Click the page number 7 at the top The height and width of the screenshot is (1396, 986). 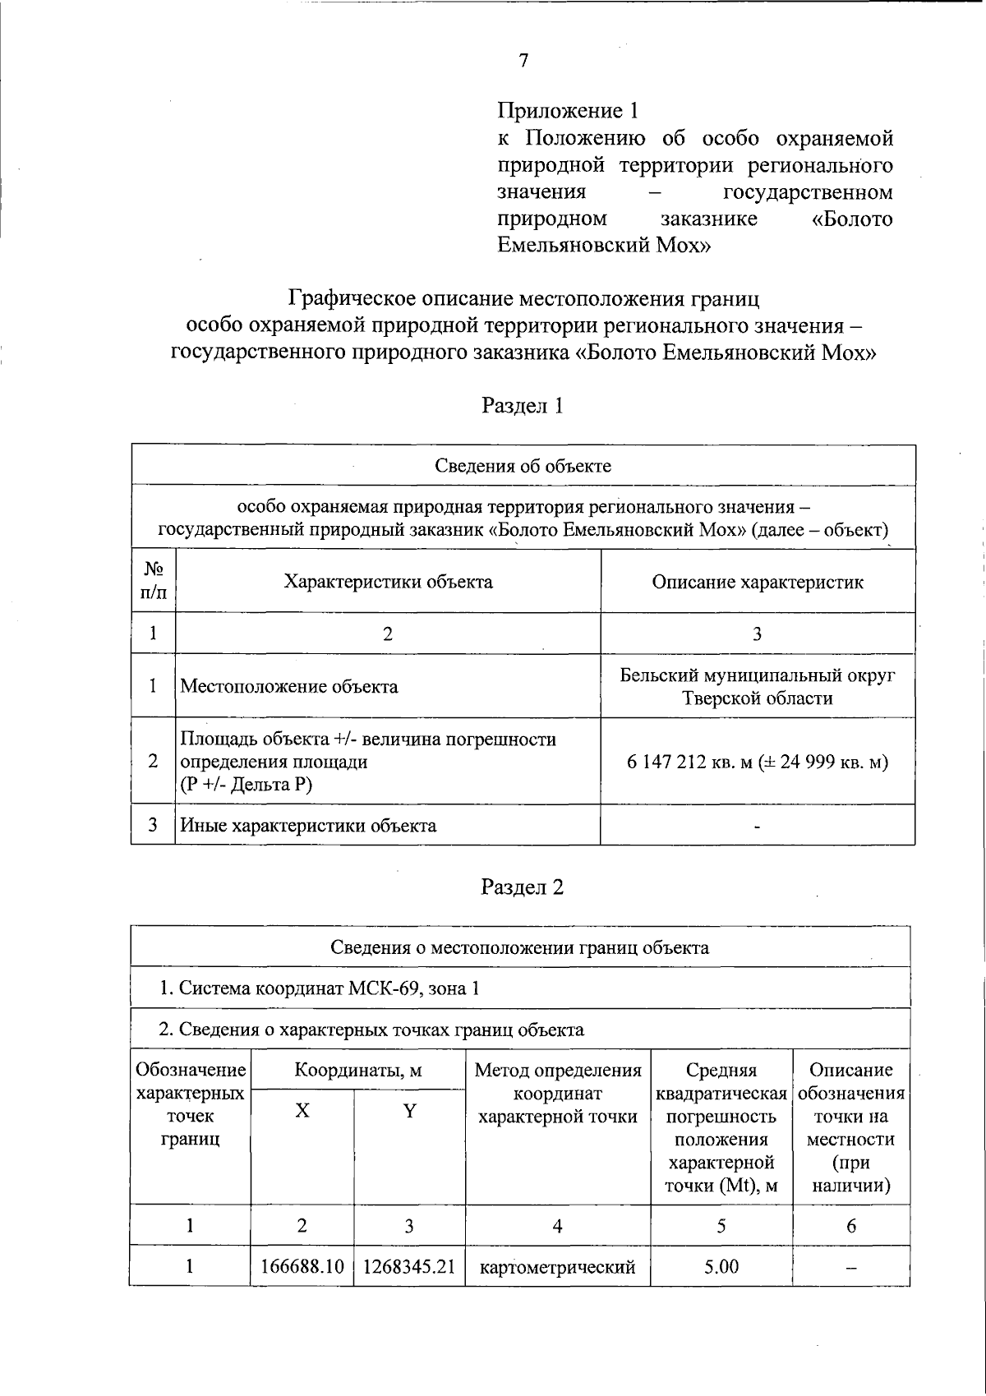(523, 61)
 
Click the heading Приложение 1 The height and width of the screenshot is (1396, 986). (568, 110)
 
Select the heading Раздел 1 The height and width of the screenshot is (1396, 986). (523, 405)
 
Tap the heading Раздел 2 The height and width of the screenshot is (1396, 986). (523, 887)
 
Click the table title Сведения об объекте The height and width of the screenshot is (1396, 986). (523, 466)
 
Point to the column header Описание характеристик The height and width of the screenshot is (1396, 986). (757, 582)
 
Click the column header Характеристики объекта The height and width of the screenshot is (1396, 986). (388, 582)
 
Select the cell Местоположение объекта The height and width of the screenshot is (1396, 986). (289, 686)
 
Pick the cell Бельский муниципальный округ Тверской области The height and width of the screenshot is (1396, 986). (757, 687)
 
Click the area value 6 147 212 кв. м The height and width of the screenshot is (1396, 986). (689, 762)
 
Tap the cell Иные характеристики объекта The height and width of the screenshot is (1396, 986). (308, 825)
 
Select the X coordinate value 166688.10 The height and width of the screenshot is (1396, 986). (302, 1266)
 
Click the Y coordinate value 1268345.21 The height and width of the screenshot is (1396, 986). (408, 1266)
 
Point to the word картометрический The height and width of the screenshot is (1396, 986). (557, 1266)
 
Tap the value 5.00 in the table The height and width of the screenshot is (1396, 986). (721, 1266)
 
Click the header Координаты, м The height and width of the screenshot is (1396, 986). (358, 1070)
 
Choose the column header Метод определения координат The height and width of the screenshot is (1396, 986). (558, 1093)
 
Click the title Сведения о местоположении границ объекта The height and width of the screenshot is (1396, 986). (519, 947)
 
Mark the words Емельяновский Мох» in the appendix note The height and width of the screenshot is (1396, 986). (604, 245)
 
